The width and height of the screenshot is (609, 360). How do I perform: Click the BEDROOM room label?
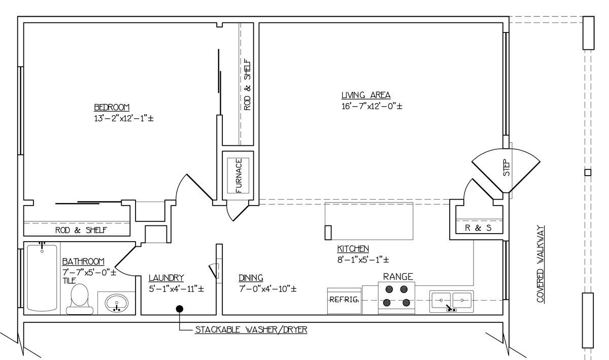(x=112, y=107)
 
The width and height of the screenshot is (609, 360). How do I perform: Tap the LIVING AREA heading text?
(x=366, y=95)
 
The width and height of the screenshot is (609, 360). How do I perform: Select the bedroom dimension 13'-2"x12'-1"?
(x=124, y=118)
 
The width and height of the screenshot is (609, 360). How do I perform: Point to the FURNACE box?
(x=238, y=176)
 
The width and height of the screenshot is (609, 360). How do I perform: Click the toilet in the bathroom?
(x=80, y=299)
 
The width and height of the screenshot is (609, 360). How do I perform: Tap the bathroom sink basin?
(x=117, y=303)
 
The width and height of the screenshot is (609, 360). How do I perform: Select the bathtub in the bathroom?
(x=42, y=278)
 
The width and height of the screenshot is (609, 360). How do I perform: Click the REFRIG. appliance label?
(x=344, y=300)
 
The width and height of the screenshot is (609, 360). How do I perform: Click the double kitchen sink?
(x=452, y=302)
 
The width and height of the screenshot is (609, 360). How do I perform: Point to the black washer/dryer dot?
(x=180, y=309)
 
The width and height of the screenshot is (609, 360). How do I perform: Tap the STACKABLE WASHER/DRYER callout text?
(x=251, y=330)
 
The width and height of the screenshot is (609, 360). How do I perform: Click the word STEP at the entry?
(x=506, y=168)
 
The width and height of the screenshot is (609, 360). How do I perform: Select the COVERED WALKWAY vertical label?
(x=540, y=264)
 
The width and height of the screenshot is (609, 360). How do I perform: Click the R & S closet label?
(x=478, y=228)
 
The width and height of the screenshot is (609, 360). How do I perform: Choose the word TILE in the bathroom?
(x=70, y=281)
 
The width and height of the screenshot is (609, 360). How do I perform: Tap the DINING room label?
(x=251, y=278)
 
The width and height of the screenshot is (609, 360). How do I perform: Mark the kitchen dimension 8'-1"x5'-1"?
(x=363, y=259)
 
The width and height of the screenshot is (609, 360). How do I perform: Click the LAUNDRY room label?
(x=166, y=278)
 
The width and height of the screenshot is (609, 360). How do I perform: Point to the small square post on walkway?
(x=588, y=173)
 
